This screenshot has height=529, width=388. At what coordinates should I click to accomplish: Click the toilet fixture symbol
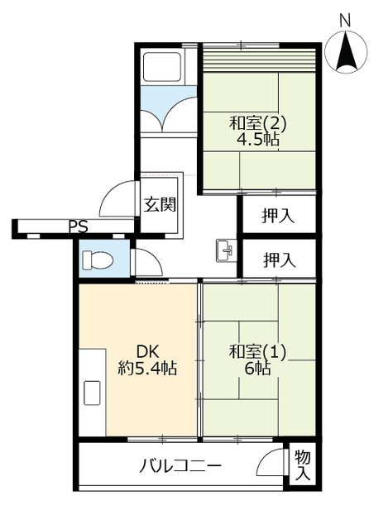pyautogui.click(x=98, y=260)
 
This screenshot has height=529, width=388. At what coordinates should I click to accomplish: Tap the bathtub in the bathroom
pyautogui.click(x=162, y=66)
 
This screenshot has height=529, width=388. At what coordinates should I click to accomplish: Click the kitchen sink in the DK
pyautogui.click(x=92, y=393)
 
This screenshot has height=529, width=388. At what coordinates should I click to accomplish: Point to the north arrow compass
pyautogui.click(x=346, y=52)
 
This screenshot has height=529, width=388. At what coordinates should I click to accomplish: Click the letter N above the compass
pyautogui.click(x=345, y=21)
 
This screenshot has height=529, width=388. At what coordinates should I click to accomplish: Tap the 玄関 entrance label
pyautogui.click(x=160, y=204)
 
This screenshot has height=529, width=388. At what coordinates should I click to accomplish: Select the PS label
pyautogui.click(x=79, y=226)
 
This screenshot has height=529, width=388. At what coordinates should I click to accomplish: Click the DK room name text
pyautogui.click(x=147, y=352)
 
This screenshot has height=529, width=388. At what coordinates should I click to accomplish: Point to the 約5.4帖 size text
pyautogui.click(x=147, y=368)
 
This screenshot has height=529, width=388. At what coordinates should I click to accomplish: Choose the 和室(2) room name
pyautogui.click(x=258, y=123)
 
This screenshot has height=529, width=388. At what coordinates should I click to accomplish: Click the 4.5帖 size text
pyautogui.click(x=258, y=139)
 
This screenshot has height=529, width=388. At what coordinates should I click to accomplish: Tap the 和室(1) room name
pyautogui.click(x=257, y=352)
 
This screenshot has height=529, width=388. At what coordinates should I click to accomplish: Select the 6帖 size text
pyautogui.click(x=257, y=368)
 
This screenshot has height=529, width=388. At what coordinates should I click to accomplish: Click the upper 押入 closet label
pyautogui.click(x=278, y=216)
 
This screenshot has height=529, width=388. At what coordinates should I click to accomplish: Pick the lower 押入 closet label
pyautogui.click(x=280, y=260)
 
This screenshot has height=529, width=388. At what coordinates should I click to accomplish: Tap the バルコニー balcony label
pyautogui.click(x=181, y=466)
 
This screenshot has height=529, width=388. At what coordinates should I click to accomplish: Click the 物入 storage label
pyautogui.click(x=303, y=466)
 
